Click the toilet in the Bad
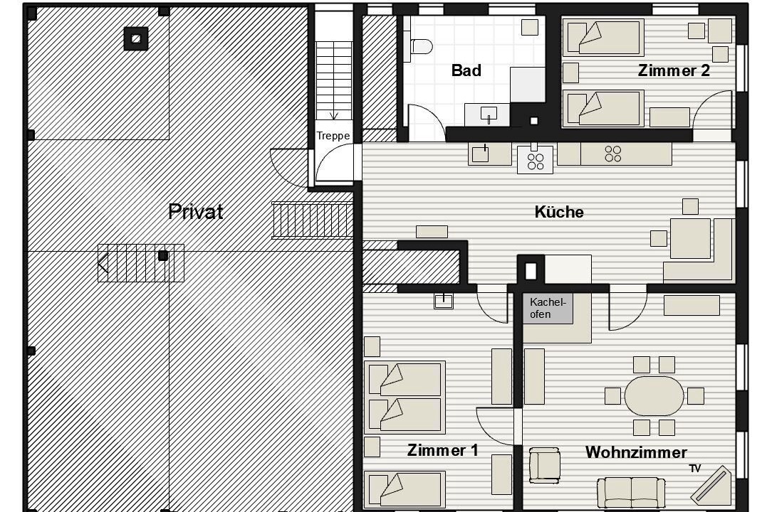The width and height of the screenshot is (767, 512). pyautogui.click(x=420, y=46)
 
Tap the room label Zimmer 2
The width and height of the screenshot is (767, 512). pyautogui.click(x=674, y=70)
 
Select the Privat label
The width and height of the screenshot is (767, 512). pyautogui.click(x=196, y=211)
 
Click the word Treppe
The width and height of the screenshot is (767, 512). pyautogui.click(x=333, y=136)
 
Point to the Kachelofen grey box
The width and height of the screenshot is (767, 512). pyautogui.click(x=548, y=309)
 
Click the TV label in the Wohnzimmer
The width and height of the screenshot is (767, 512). pyautogui.click(x=694, y=469)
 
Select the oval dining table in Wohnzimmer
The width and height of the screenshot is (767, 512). pyautogui.click(x=654, y=395)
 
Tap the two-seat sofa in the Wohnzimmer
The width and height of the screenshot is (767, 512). pyautogui.click(x=631, y=493)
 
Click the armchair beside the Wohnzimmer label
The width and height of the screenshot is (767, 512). pyautogui.click(x=544, y=465)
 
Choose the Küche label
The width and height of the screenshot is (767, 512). pyautogui.click(x=559, y=212)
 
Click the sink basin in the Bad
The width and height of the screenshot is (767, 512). pyautogui.click(x=489, y=114)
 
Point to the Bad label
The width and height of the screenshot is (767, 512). pyautogui.click(x=466, y=70)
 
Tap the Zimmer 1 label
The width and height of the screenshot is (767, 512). pyautogui.click(x=443, y=450)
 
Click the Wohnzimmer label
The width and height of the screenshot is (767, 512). pyautogui.click(x=636, y=452)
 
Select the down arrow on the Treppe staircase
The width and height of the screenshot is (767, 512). pyautogui.click(x=334, y=115)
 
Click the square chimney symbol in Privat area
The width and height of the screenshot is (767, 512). pyautogui.click(x=136, y=38)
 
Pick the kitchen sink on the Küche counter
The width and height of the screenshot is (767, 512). pyautogui.click(x=480, y=154)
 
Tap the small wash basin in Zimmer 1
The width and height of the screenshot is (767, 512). pyautogui.click(x=444, y=301)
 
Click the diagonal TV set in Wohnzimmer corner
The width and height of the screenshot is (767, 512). pyautogui.click(x=711, y=486)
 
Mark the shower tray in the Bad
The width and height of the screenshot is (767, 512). pyautogui.click(x=527, y=85)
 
